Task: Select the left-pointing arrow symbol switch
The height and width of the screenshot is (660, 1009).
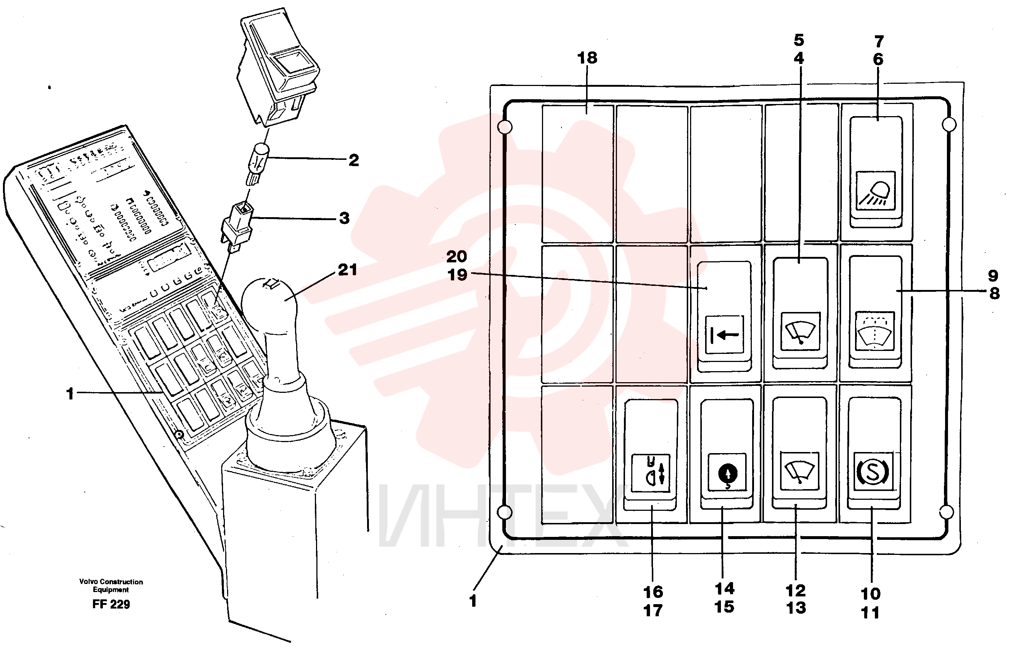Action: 724,334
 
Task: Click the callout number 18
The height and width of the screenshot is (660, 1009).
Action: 587,58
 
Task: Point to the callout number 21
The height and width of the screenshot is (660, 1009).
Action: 347,270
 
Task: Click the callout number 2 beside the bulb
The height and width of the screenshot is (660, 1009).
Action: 353,160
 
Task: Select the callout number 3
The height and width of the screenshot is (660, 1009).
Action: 345,218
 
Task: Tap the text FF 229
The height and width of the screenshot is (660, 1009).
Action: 111,604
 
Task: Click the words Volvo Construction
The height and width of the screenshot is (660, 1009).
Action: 111,582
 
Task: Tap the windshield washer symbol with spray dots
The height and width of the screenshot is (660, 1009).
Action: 875,331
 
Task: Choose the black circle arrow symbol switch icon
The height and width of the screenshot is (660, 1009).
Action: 728,472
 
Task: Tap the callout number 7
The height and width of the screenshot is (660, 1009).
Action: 879,42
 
